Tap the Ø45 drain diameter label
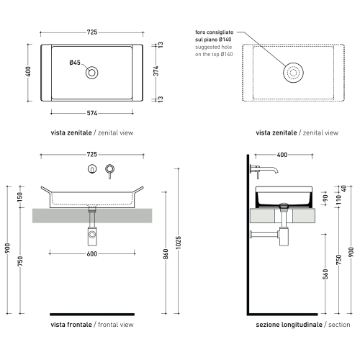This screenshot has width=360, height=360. pyautogui.click(x=75, y=63)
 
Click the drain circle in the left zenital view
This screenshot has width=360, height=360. pyautogui.click(x=91, y=72)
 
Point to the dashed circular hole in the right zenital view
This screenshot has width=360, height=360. pyautogui.click(x=292, y=72)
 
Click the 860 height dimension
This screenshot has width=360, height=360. pyautogui.click(x=166, y=253)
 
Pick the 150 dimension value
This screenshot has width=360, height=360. pyautogui.click(x=20, y=198)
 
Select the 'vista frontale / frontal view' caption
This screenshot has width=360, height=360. pyautogui.click(x=91, y=325)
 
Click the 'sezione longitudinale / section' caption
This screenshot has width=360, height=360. pyautogui.click(x=302, y=325)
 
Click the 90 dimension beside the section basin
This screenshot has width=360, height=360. pyautogui.click(x=325, y=197)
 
